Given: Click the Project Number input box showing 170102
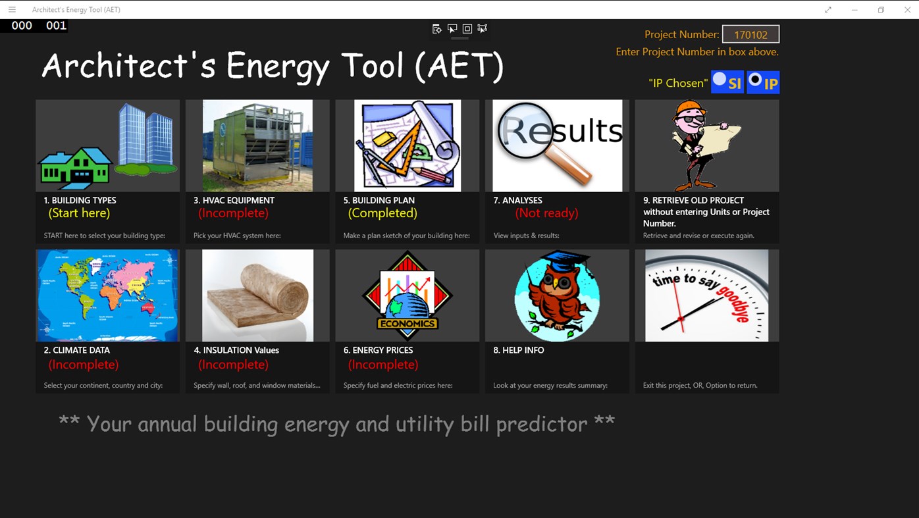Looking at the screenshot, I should [750, 34].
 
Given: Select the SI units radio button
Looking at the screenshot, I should [720, 80].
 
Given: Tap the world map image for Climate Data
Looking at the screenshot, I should [107, 296].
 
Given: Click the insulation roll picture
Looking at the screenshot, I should [257, 296].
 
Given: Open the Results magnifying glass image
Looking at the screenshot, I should [557, 145].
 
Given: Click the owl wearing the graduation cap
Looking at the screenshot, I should [557, 296].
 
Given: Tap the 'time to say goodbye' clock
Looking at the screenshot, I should [706, 296].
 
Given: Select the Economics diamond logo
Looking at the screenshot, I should [407, 296].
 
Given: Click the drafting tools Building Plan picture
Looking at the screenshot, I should [407, 145].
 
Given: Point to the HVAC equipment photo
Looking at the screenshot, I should [257, 145].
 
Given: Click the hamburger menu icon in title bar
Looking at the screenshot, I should [12, 10].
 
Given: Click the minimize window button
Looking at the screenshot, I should [854, 10].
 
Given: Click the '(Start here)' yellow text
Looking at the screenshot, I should [79, 213].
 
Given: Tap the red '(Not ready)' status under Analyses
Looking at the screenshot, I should [546, 213].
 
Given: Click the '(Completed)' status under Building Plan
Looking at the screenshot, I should [382, 213].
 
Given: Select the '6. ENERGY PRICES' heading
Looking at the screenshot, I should [378, 350].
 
